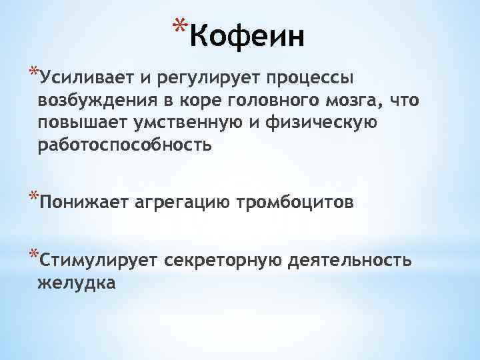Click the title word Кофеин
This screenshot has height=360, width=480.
pos(247,36)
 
